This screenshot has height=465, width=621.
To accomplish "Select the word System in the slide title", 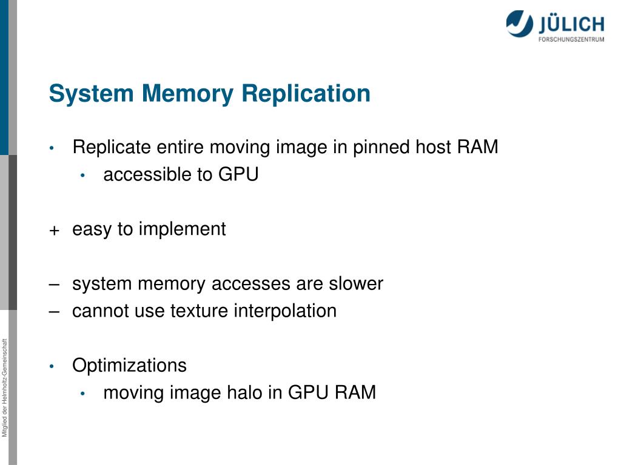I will pyautogui.click(x=91, y=94).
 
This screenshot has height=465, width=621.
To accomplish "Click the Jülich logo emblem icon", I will pyautogui.click(x=520, y=24).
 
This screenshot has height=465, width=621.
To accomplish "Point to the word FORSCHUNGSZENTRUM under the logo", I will pyautogui.click(x=571, y=40).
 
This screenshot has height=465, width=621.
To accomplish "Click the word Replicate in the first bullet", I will pyautogui.click(x=112, y=147).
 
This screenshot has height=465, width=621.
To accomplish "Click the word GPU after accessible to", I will pyautogui.click(x=238, y=175).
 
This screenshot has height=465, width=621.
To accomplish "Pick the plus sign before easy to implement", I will pyautogui.click(x=55, y=231).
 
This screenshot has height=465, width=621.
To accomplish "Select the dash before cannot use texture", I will pyautogui.click(x=55, y=311).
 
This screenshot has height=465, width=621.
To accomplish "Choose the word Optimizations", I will pyautogui.click(x=129, y=366).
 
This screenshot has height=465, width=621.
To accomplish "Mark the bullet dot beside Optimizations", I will pyautogui.click(x=53, y=366).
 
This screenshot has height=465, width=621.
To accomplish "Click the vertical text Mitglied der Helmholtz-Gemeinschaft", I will pyautogui.click(x=5, y=388).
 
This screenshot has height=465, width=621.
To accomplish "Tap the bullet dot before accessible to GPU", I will pyautogui.click(x=84, y=176).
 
